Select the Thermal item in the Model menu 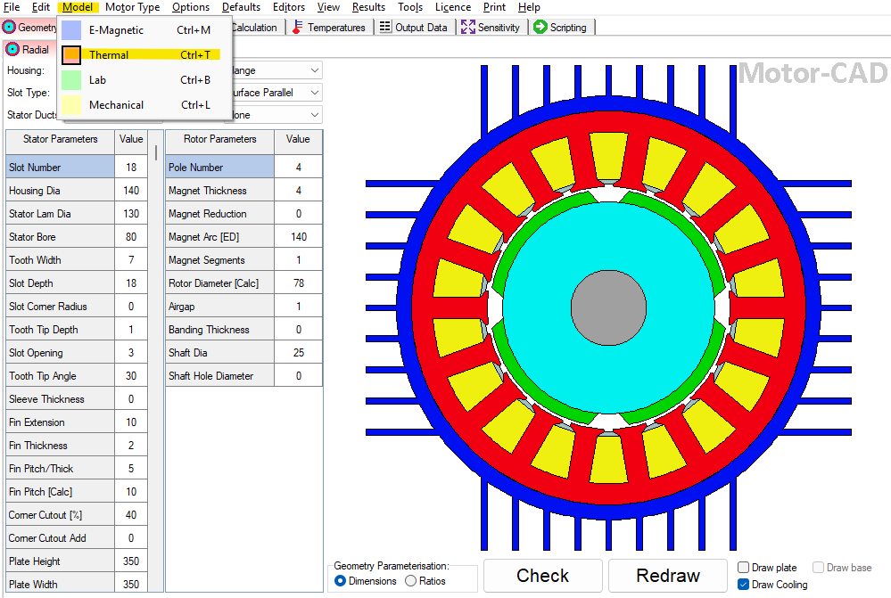tap(108, 55)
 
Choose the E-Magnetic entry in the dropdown tap(116, 30)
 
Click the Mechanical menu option tap(116, 105)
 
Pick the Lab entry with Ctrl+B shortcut tap(97, 80)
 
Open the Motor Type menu tap(132, 7)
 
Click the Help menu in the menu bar tap(529, 7)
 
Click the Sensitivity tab tap(491, 28)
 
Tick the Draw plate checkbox tap(744, 568)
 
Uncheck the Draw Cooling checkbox tap(744, 585)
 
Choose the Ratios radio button tap(410, 581)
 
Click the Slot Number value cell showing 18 tap(131, 168)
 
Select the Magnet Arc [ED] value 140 tap(298, 237)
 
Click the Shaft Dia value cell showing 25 tap(298, 353)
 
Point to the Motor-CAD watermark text tap(813, 74)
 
